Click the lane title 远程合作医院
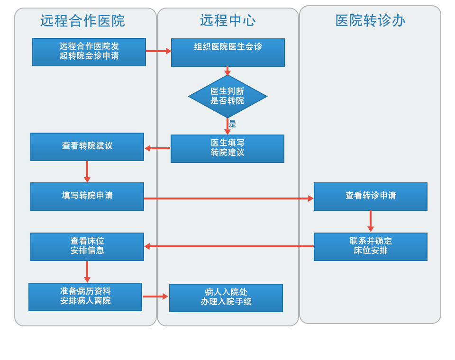tap(82, 21)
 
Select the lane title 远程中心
tap(227, 20)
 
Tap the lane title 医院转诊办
tap(370, 21)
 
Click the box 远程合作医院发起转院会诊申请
tap(89, 52)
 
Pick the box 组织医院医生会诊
tap(228, 52)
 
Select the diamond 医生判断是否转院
tap(227, 96)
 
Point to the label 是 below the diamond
tap(232, 124)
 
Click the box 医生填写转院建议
tap(227, 148)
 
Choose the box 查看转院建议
tap(87, 146)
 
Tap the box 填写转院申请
tap(87, 196)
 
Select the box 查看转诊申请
tap(371, 196)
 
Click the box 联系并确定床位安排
tap(371, 246)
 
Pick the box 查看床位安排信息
tap(87, 246)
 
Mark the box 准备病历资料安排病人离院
tap(85, 297)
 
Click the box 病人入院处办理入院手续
tap(226, 297)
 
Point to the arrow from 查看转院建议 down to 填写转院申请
tap(87, 171)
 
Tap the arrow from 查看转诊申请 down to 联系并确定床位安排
tap(371, 221)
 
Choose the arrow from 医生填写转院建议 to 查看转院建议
tap(157, 148)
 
